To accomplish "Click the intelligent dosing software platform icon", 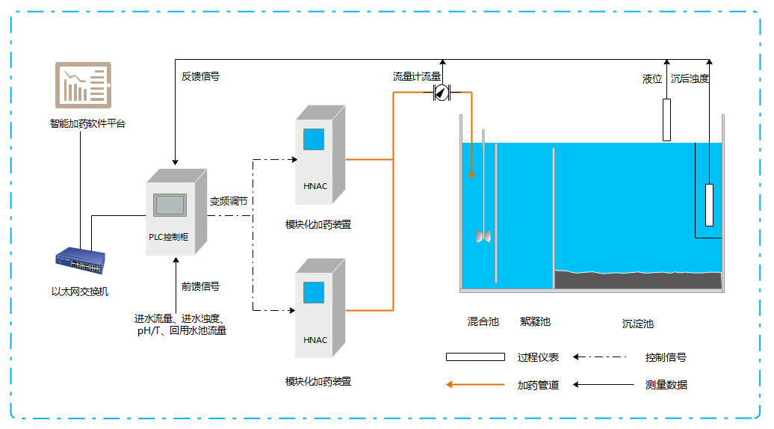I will [83, 83].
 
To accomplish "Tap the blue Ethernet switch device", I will [79, 262].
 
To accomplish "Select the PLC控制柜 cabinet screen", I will [170, 205].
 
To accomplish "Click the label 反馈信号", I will [200, 76].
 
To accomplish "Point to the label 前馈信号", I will [200, 286].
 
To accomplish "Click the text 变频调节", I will [229, 201].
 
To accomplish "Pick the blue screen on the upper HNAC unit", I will [314, 140].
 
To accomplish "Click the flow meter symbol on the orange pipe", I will [442, 93].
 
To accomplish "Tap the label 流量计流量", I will [417, 76].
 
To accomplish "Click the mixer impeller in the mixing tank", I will [483, 236].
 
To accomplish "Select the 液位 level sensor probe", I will [667, 119].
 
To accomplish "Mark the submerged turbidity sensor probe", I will [709, 205].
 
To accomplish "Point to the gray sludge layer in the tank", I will [638, 280].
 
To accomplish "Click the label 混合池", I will [483, 321].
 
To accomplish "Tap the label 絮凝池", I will [535, 321].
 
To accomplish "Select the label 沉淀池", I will [638, 324].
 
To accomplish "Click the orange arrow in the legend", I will [475, 385].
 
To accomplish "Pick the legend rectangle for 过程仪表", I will [475, 357].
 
